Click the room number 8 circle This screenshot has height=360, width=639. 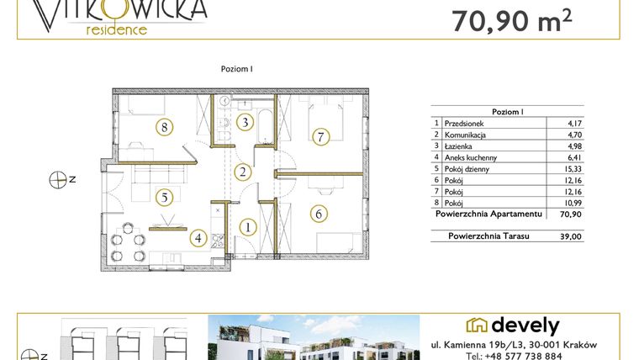coord(164,128)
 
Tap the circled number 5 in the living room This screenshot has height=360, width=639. coord(164,197)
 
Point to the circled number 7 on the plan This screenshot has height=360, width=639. coord(319,136)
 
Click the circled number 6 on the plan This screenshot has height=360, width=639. coord(319,214)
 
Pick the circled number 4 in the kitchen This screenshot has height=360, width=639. coord(198,238)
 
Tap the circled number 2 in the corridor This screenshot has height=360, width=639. coord(241,172)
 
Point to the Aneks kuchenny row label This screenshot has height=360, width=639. coord(471,157)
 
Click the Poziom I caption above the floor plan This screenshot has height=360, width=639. coord(236,69)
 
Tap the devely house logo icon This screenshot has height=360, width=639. coord(478,326)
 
